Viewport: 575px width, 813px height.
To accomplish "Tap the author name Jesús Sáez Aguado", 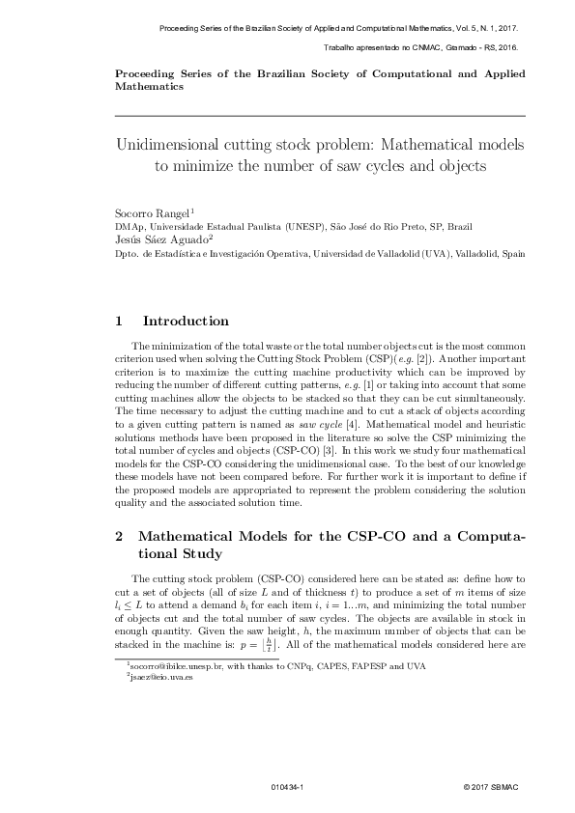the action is click(x=159, y=239).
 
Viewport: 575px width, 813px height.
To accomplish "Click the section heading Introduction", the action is click(x=186, y=322).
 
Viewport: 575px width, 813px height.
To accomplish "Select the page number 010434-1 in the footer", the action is click(x=288, y=788).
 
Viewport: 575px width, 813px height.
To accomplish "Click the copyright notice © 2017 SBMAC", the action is click(x=494, y=788).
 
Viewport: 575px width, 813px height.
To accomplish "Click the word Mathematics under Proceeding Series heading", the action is click(x=149, y=86).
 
